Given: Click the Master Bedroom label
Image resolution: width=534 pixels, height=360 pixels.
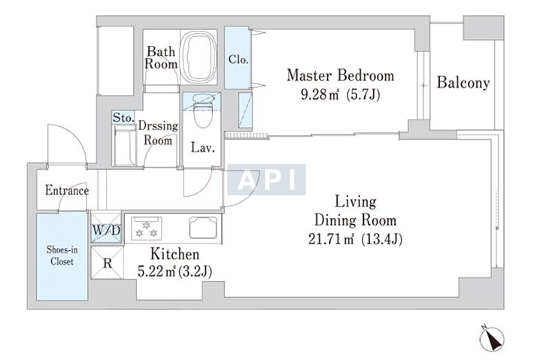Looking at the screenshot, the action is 340,75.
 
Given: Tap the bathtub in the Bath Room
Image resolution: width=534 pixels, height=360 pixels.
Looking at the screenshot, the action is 199,57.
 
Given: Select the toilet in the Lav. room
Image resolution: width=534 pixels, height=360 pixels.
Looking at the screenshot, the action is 203,110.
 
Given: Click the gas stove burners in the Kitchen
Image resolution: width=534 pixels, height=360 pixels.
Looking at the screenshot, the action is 147,228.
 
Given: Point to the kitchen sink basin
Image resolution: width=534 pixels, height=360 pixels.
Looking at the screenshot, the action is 203,227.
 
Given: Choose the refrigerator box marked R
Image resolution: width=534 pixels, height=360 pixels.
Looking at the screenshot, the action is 108,263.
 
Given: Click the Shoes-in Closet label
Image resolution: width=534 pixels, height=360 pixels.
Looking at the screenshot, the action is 62,256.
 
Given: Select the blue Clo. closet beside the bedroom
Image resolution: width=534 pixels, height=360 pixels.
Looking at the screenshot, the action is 238,58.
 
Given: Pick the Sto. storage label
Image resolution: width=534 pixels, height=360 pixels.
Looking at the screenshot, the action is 123,118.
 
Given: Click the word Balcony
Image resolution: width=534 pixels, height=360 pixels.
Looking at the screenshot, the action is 463,83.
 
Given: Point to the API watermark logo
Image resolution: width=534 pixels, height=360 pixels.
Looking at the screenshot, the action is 266,180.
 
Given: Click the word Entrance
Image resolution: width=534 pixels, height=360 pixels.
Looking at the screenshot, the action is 67,190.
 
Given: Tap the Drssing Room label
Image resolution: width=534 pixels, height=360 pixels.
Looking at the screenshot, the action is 158,133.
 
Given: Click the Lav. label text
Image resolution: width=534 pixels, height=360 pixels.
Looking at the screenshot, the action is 202,147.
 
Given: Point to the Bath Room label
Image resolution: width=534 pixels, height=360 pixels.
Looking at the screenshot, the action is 161,58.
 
